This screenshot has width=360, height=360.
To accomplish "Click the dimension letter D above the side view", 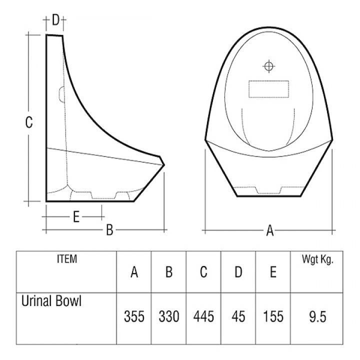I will pyautogui.click(x=55, y=20).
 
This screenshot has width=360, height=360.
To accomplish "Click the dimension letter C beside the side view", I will pyautogui.click(x=29, y=122).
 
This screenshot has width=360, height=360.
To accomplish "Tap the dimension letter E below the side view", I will pyautogui.click(x=76, y=216).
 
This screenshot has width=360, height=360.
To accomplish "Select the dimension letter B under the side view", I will pyautogui.click(x=110, y=230).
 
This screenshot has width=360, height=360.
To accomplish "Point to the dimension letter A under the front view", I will pyautogui.click(x=270, y=230).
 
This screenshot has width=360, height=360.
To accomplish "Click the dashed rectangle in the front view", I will pyautogui.click(x=269, y=89).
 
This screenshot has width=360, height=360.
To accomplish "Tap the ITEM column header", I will pyautogui.click(x=67, y=259).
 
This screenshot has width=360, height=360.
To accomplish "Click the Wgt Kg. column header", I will pyautogui.click(x=317, y=259).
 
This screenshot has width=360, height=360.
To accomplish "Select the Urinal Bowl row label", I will pyautogui.click(x=51, y=301).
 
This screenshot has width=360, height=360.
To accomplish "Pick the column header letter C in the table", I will pyautogui.click(x=203, y=272).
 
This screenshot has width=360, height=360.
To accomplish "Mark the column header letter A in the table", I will pyautogui.click(x=134, y=272).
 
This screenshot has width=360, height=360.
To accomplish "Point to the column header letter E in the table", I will pyautogui.click(x=273, y=272).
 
